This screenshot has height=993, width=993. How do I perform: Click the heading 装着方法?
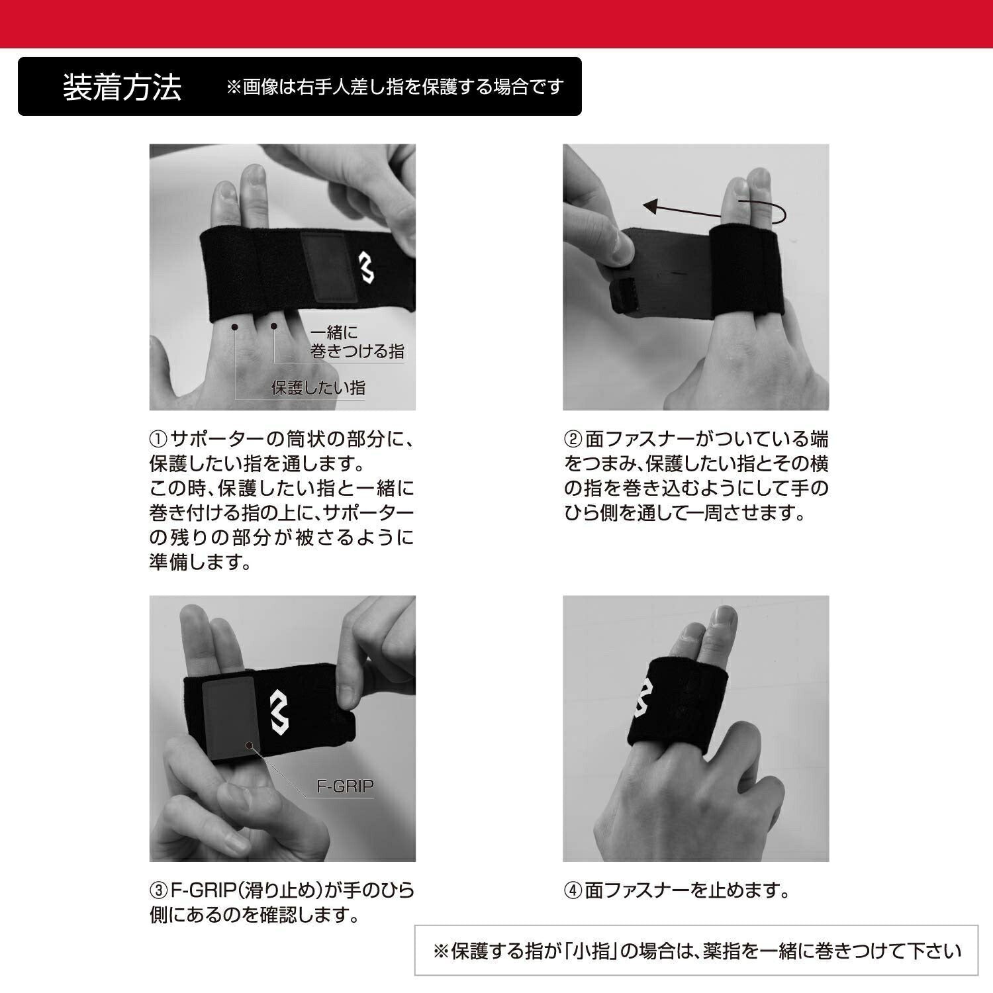tap(122, 87)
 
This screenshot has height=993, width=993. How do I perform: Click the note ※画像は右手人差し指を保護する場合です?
tap(395, 87)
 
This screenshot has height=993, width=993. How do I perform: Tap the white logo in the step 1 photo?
tap(367, 266)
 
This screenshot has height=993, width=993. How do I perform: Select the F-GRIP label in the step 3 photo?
tap(345, 786)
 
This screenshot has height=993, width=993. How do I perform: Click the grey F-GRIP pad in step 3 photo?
tap(229, 719)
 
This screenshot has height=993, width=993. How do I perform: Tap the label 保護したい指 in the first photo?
tap(318, 387)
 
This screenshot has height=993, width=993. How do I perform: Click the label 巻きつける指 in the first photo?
tap(357, 351)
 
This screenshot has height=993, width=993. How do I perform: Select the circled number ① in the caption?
tap(159, 439)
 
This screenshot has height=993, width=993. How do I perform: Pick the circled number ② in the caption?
tap(573, 439)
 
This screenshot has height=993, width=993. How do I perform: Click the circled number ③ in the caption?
tap(159, 890)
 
